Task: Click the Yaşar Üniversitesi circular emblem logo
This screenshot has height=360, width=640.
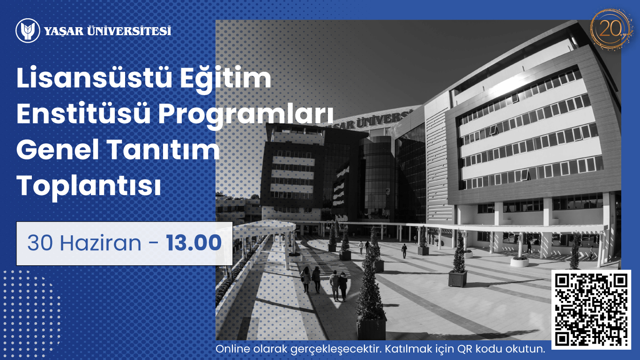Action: (x=28, y=30)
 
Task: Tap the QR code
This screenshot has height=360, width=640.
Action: (x=591, y=309)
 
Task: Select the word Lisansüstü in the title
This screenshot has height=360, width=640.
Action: (x=95, y=78)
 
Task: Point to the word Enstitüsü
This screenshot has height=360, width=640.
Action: (x=83, y=113)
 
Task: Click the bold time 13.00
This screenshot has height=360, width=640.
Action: (x=194, y=243)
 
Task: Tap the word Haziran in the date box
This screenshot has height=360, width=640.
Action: (x=101, y=243)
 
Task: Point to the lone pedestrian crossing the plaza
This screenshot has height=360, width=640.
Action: (x=404, y=251)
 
